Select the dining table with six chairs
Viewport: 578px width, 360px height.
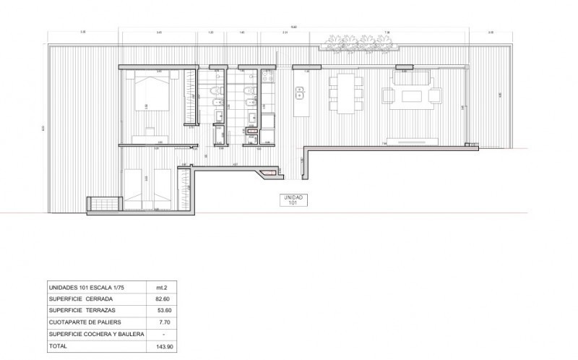[346, 93]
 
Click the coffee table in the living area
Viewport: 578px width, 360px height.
[414, 94]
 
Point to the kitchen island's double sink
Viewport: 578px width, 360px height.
[298, 92]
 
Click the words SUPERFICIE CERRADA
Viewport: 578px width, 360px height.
[80, 298]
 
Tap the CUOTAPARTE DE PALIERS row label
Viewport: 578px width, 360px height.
[85, 322]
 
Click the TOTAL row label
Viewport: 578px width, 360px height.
[58, 346]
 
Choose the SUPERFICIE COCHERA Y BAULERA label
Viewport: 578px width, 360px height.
[96, 334]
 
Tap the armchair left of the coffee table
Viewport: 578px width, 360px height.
[387, 95]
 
